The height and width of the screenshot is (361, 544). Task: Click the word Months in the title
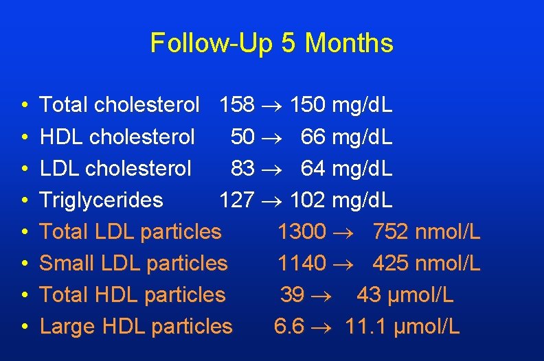[350, 44]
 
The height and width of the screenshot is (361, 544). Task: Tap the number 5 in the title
[288, 44]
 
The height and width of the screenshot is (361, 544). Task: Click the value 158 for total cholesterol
[237, 105]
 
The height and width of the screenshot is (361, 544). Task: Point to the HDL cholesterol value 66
[313, 137]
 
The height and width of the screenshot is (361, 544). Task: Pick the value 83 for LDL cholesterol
[242, 168]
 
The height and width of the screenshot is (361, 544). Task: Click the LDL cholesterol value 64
[313, 168]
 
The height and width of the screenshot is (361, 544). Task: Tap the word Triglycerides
[102, 200]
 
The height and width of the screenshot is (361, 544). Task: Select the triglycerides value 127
[237, 200]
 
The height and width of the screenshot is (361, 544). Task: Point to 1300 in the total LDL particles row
[302, 232]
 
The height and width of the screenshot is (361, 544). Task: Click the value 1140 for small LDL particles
[302, 264]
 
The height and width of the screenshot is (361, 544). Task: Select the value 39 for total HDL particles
[292, 295]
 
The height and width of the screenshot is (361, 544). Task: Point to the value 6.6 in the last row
[288, 327]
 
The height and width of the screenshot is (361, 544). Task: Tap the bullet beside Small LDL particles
[23, 264]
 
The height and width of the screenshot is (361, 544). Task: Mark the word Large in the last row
[68, 327]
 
